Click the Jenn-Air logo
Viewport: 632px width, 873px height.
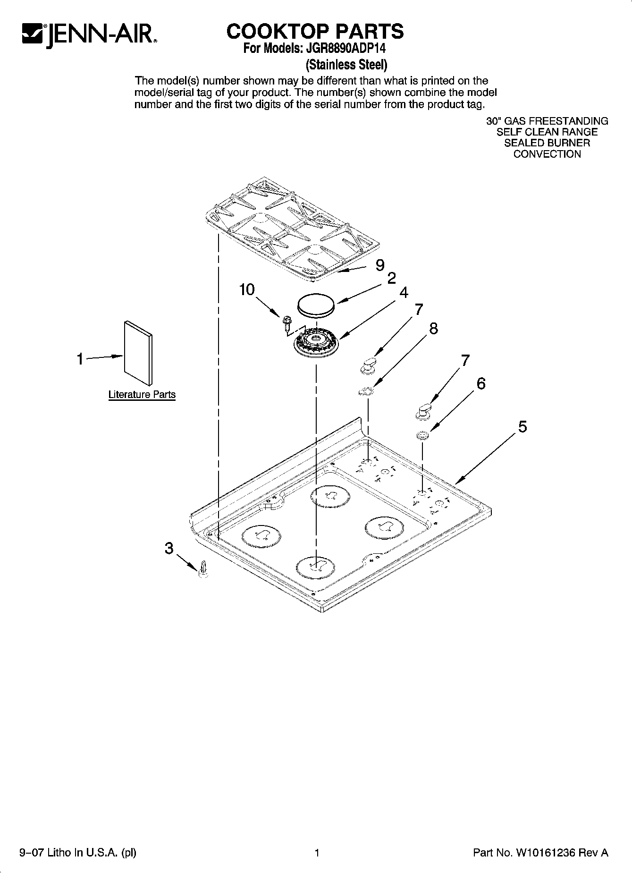pyautogui.click(x=89, y=34)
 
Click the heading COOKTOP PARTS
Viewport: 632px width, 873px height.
pyautogui.click(x=315, y=31)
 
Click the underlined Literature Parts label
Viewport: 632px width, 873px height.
pyautogui.click(x=142, y=395)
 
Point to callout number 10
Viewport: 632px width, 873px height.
pyautogui.click(x=247, y=289)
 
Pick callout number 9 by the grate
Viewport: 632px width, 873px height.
pyautogui.click(x=380, y=266)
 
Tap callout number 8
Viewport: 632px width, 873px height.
pyautogui.click(x=433, y=328)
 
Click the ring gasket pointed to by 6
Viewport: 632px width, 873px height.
pyautogui.click(x=422, y=435)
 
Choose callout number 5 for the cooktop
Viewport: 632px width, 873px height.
pyautogui.click(x=522, y=427)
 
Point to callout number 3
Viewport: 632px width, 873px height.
pyautogui.click(x=169, y=548)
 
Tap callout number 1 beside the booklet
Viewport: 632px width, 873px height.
pyautogui.click(x=80, y=359)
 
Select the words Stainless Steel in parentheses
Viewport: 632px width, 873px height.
pyautogui.click(x=347, y=64)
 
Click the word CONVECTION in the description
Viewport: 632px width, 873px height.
pyautogui.click(x=547, y=154)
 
